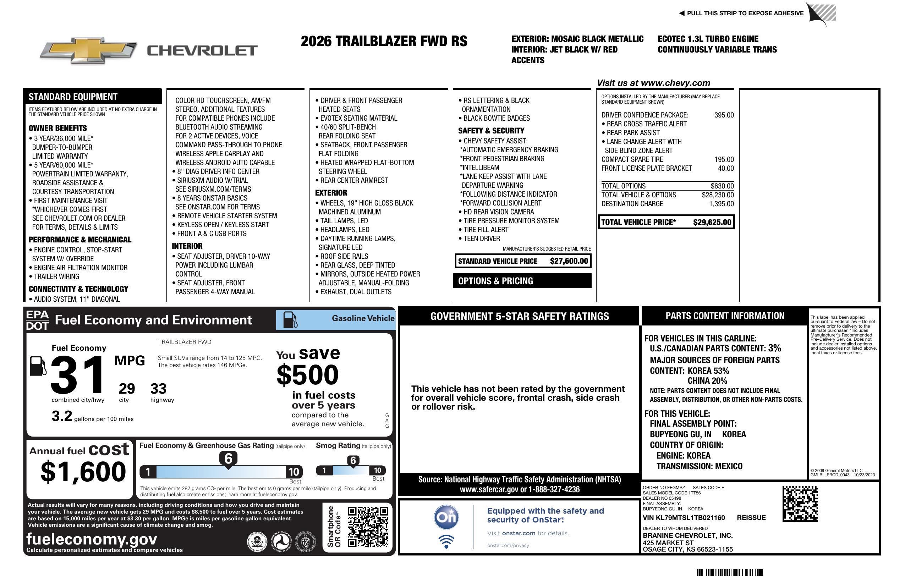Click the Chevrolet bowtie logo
(x=88, y=50)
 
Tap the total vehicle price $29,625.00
(x=712, y=223)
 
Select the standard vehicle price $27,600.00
(x=569, y=261)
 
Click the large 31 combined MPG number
(x=78, y=375)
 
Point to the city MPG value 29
(x=127, y=389)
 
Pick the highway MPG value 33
(x=158, y=389)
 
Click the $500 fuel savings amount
(x=308, y=375)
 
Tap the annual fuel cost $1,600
(x=83, y=472)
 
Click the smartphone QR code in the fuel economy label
(x=368, y=527)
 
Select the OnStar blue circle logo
(x=446, y=517)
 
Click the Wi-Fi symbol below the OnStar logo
(x=446, y=542)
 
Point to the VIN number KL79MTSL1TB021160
(x=684, y=518)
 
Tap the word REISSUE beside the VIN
(x=751, y=518)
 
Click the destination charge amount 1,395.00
(x=721, y=204)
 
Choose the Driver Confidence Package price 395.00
(x=724, y=115)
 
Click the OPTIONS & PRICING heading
(x=495, y=281)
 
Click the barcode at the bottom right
(x=728, y=572)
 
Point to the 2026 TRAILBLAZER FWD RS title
(x=384, y=42)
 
